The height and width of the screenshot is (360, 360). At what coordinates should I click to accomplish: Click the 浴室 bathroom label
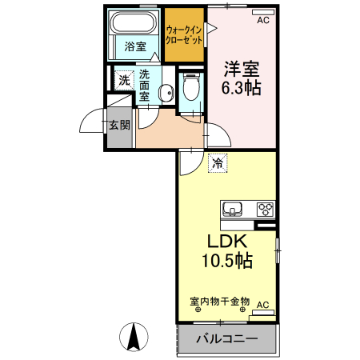[x=135, y=46]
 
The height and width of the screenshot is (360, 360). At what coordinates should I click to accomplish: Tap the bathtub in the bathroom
[x=134, y=22]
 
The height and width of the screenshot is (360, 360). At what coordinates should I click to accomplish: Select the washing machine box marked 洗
[x=123, y=80]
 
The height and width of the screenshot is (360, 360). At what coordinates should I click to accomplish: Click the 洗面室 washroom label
[x=145, y=85]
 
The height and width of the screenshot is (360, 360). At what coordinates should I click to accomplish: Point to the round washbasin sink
[x=166, y=94]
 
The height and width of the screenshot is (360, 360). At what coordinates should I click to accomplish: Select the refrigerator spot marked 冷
[x=218, y=163]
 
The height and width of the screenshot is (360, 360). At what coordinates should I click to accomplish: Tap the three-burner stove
[x=265, y=209]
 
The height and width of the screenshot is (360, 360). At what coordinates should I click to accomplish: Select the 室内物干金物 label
[x=220, y=302]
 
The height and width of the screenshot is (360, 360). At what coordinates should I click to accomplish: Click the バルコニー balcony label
[x=227, y=339]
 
